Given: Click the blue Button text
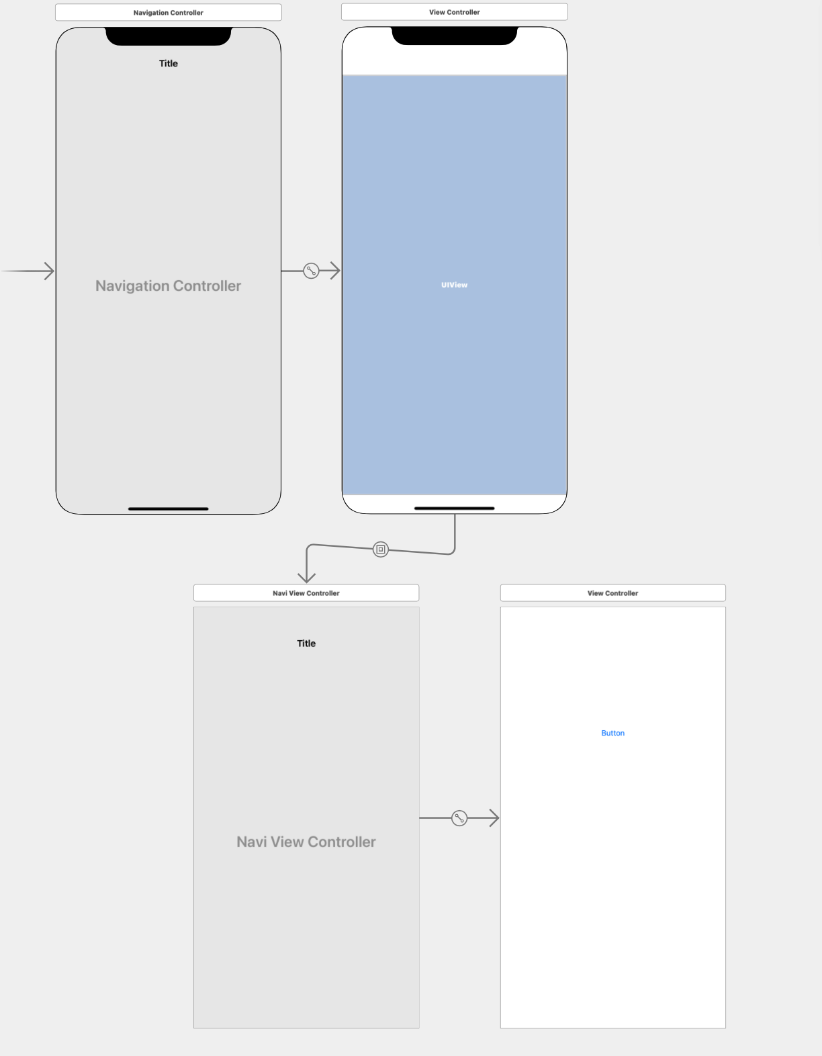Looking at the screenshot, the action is pos(612,733).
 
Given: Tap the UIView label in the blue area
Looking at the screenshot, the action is pos(454,285).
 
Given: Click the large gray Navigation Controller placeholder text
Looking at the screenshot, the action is pos(168,286).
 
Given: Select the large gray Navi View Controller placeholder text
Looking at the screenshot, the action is pos(306,842).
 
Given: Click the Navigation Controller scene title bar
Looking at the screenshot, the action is pos(168,13).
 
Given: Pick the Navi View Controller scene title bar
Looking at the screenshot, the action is pos(306,593).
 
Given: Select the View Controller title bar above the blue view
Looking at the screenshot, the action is pos(454,12).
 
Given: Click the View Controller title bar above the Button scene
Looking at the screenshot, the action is pos(612,593).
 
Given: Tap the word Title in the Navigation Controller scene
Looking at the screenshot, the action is pos(169,64).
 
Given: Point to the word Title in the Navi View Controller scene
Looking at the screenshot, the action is pos(306,644).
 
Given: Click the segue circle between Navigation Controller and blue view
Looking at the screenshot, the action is pos(311,271).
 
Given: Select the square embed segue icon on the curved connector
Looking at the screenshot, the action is pos(381,549).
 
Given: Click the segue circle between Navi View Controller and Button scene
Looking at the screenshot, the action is pos(459,818).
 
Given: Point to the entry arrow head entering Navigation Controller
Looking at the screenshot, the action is pos(49,271).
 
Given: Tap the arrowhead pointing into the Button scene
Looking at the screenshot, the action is pos(494,818).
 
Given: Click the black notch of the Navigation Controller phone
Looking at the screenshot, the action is pos(169,36).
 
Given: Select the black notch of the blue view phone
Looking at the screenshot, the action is pos(455,36).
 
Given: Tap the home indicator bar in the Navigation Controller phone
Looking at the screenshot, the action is pos(169,509).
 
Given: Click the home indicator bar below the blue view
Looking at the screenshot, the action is pos(455,508).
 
